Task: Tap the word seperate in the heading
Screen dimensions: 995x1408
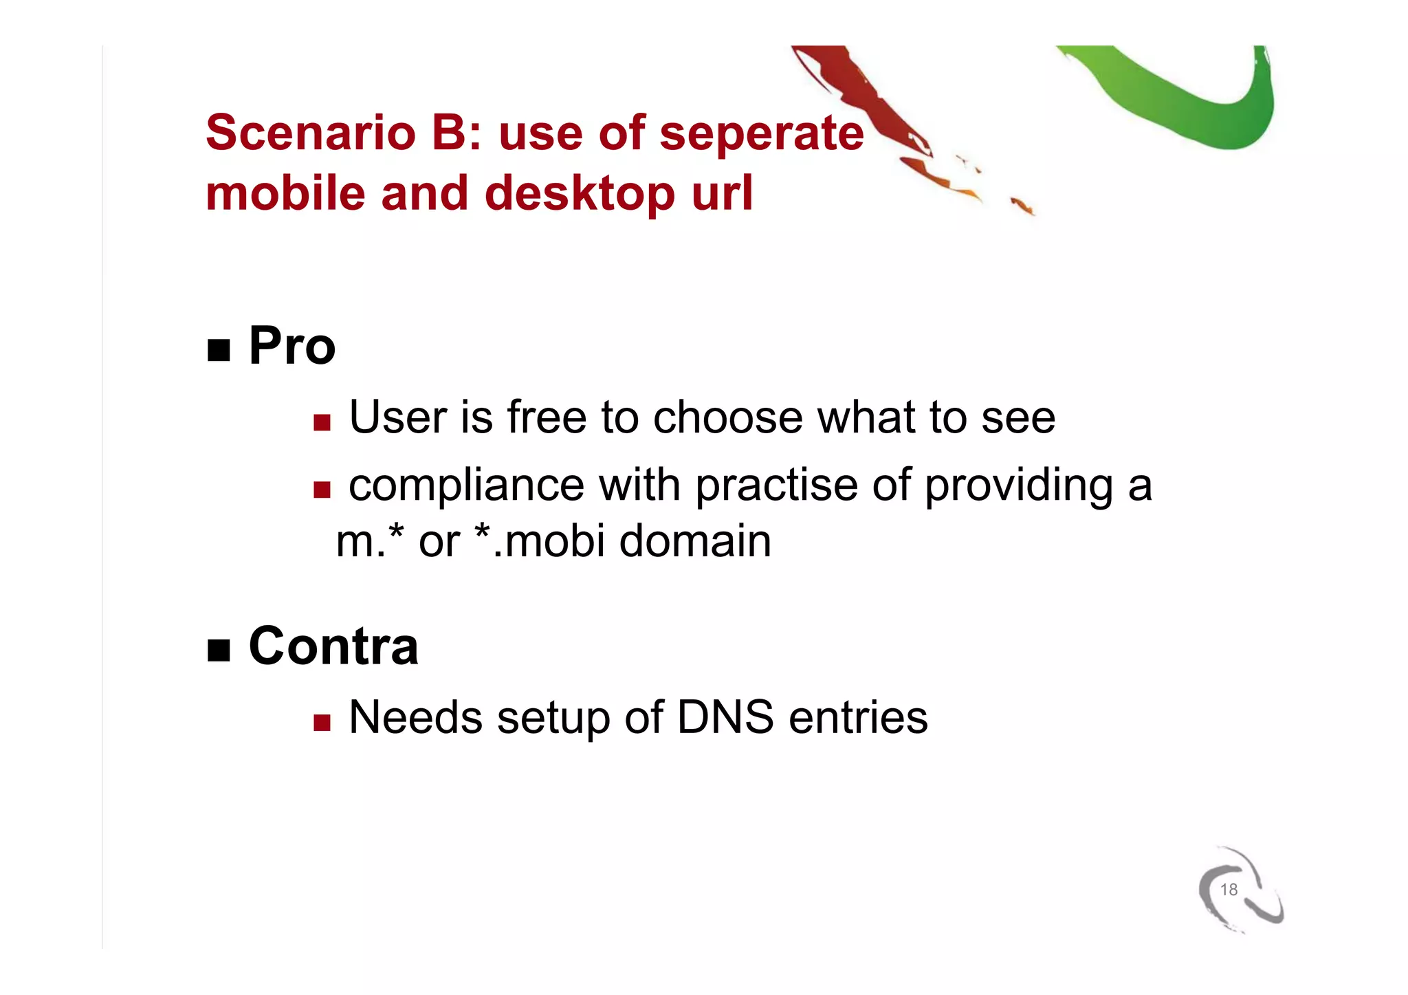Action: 761,133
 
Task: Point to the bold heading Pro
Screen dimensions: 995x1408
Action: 291,346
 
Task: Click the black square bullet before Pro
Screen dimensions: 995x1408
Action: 219,351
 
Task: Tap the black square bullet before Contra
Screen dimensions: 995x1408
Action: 219,650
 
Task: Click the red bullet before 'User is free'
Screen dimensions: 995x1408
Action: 322,422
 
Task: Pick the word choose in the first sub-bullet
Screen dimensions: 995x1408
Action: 727,417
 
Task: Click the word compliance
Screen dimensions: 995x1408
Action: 467,485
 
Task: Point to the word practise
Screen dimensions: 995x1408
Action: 776,485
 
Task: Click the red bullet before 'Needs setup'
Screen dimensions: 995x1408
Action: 322,722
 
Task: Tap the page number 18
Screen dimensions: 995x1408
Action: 1229,890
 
